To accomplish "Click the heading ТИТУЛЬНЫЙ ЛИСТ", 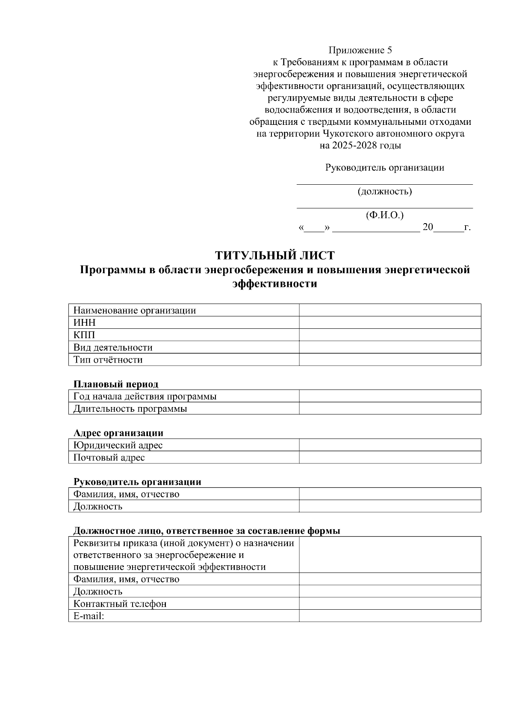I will (274, 256).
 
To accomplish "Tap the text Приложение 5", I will (360, 50).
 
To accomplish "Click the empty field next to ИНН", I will (390, 322).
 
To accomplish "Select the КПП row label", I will (85, 335).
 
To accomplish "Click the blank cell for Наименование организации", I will (390, 310).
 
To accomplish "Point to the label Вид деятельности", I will (113, 347).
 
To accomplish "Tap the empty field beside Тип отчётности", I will (390, 360).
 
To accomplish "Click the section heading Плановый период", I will (116, 384).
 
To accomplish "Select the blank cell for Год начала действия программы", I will (390, 396).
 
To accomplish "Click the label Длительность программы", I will (130, 408).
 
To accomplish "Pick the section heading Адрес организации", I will (118, 433).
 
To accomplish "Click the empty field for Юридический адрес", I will (390, 445).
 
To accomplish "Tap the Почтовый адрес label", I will (109, 457).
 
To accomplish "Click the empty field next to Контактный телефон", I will (390, 604).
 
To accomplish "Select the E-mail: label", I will (89, 616).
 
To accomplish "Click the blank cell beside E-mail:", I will (390, 616).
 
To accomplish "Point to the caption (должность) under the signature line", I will (385, 191).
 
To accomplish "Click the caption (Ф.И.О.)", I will (385, 215).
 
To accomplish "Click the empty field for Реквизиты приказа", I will (390, 555).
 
